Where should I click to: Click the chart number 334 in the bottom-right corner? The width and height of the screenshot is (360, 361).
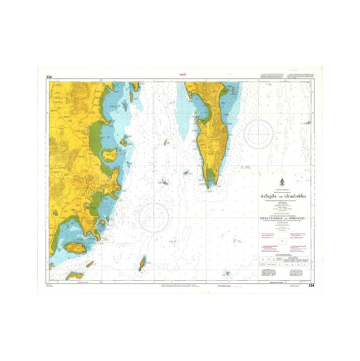coord(310,286)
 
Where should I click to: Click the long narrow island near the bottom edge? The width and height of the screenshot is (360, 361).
coord(142,263)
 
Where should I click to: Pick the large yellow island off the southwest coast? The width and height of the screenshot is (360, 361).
coord(77,247)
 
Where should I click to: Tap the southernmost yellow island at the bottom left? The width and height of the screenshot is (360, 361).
coord(75,276)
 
